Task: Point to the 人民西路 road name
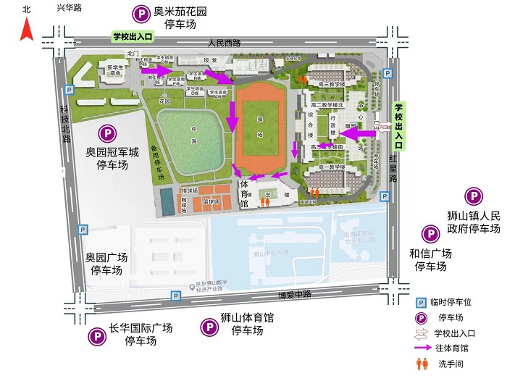[x=224, y=43]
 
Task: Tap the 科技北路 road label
[x=66, y=125]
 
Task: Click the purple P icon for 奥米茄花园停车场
[x=138, y=14]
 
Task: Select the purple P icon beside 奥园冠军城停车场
[x=106, y=133]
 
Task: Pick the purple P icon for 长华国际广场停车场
[x=96, y=335]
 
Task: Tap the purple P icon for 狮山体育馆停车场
[x=208, y=328]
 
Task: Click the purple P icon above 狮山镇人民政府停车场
[x=474, y=196]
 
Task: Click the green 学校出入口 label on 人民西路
[x=133, y=35]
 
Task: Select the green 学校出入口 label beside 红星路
[x=397, y=125]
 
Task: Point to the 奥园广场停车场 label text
[x=106, y=264]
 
